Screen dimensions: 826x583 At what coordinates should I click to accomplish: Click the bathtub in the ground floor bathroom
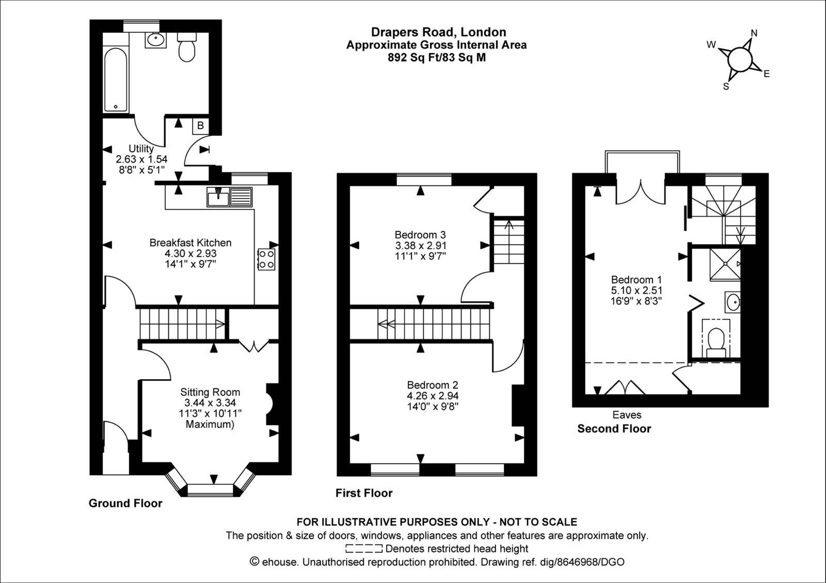116,79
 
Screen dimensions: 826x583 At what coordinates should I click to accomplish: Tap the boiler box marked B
201,126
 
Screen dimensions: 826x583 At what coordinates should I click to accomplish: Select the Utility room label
141,149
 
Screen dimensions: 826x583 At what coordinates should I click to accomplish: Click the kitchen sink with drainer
229,197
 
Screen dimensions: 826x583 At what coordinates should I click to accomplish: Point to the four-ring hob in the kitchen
266,260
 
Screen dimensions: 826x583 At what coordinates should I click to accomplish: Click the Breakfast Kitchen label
190,243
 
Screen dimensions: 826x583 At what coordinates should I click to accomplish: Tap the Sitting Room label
210,392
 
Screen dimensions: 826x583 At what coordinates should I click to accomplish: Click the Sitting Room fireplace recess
272,404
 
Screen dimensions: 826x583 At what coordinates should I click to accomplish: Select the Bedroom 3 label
420,235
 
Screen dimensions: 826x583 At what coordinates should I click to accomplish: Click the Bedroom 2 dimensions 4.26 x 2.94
433,396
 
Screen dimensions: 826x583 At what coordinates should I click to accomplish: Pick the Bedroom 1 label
636,279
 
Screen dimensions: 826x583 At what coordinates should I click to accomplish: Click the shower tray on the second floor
725,264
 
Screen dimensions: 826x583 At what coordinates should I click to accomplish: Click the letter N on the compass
754,33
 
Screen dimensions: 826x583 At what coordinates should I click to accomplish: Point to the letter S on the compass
726,87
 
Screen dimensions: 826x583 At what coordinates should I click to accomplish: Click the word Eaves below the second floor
627,415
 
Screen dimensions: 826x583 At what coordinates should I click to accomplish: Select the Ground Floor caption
125,504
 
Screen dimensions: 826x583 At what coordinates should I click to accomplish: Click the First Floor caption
364,493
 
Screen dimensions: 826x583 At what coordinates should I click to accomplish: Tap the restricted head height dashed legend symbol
364,549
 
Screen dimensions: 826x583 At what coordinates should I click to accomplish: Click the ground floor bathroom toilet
186,47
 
